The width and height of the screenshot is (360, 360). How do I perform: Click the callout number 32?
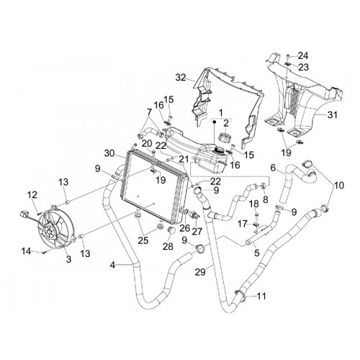pyautogui.click(x=181, y=78)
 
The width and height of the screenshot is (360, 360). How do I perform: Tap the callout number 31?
pyautogui.click(x=333, y=115)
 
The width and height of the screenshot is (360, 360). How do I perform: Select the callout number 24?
pyautogui.click(x=303, y=55)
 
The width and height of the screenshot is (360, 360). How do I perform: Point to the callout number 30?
pyautogui.click(x=109, y=153)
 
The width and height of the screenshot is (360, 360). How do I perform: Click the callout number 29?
pyautogui.click(x=200, y=272)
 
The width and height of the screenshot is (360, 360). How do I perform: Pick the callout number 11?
pyautogui.click(x=261, y=296)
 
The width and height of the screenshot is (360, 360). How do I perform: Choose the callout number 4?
pyautogui.click(x=113, y=265)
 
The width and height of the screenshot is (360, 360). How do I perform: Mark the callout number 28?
pyautogui.click(x=168, y=246)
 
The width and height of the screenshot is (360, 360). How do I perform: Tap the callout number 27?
pyautogui.click(x=197, y=232)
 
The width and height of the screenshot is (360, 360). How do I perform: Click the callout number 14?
pyautogui.click(x=26, y=251)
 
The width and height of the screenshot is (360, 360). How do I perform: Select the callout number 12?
pyautogui.click(x=32, y=195)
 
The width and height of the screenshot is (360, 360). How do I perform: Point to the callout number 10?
pyautogui.click(x=339, y=185)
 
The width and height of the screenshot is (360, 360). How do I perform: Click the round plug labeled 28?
pyautogui.click(x=171, y=230)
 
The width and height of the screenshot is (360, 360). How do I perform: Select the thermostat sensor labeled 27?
pyautogui.click(x=194, y=215)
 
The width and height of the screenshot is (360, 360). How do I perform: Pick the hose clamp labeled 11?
pyautogui.click(x=240, y=294)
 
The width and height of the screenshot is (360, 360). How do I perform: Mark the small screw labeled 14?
pyautogui.click(x=44, y=252)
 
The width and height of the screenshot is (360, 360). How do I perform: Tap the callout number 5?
pyautogui.click(x=257, y=253)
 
